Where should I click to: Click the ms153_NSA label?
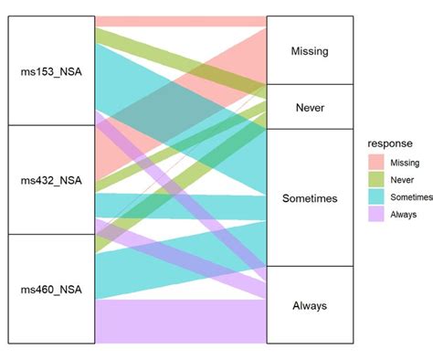51,70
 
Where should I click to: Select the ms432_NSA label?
51,180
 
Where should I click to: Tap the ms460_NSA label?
51,290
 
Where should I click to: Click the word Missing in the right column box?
309,51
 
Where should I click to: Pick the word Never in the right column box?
309,107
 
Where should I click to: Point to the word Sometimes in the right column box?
309,198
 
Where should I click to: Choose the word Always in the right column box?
309,305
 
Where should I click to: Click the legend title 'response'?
392,143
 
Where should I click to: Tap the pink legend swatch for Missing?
375,162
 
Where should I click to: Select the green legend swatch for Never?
375,179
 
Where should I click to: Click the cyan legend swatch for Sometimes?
375,196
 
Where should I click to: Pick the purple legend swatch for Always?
375,214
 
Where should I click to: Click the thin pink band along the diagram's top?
181,21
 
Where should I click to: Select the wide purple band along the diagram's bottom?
181,322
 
